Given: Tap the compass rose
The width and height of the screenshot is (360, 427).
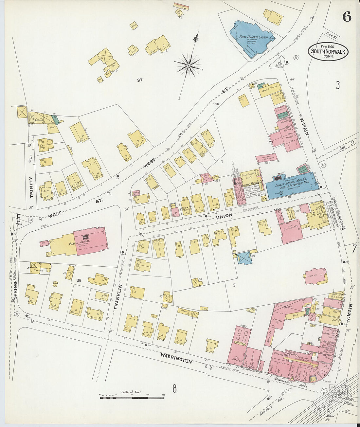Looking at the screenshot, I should point(189,66).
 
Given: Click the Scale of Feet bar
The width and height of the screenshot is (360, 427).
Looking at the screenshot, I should point(132,397).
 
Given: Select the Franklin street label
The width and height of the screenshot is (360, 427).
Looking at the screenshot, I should point(118,297).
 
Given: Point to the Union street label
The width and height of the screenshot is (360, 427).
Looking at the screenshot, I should point(224,215).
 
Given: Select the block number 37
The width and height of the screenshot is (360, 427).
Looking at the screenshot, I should point(140,80).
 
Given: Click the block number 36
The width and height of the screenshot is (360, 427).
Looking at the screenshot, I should point(79,280).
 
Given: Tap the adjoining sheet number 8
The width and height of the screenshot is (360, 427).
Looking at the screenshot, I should point(175,389).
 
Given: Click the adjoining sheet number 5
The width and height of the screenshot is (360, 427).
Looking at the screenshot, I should point(19,217).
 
